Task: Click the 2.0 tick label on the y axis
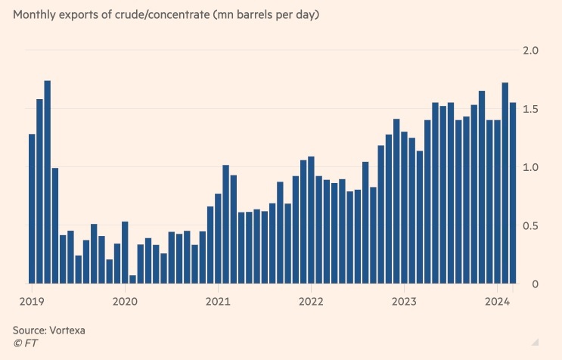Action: [x=531, y=51]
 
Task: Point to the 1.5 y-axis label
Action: [x=531, y=110]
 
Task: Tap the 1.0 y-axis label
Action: [x=531, y=168]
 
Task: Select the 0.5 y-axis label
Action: [x=531, y=226]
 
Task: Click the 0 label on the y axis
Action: [x=534, y=284]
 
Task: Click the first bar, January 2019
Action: [x=32, y=209]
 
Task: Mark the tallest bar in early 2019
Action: [x=47, y=182]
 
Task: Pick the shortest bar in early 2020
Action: [x=132, y=279]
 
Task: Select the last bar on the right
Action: [x=512, y=193]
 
